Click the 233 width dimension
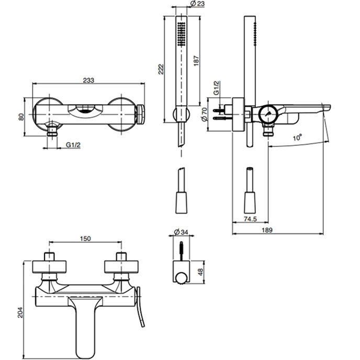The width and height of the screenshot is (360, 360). pyautogui.click(x=88, y=80)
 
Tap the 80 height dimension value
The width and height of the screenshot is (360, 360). pyautogui.click(x=21, y=117)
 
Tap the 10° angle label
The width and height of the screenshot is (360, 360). pyautogui.click(x=297, y=138)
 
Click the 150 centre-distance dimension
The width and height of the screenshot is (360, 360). pyautogui.click(x=86, y=239)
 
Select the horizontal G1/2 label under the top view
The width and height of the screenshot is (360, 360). pyautogui.click(x=73, y=144)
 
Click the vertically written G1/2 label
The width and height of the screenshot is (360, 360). pyautogui.click(x=216, y=88)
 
